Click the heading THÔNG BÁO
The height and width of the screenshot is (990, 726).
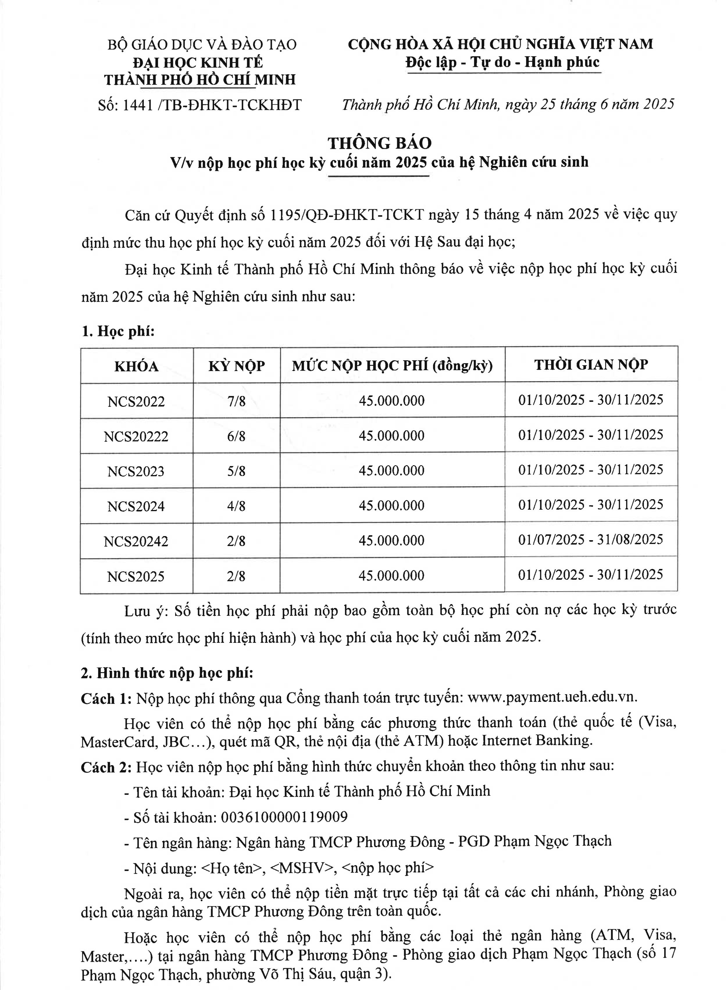pos(380,143)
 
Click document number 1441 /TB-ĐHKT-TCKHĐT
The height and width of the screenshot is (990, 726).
pos(200,105)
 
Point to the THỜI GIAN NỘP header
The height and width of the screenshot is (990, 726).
pos(591,365)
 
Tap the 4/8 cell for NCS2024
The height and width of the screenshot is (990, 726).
pos(236,506)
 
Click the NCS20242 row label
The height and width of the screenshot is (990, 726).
pos(136,541)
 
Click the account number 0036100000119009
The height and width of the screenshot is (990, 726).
pos(284,817)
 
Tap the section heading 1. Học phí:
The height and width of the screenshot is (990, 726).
pos(118,331)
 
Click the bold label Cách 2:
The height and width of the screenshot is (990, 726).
pos(106,767)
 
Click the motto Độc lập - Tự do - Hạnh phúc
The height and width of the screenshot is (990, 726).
pos(502,62)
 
